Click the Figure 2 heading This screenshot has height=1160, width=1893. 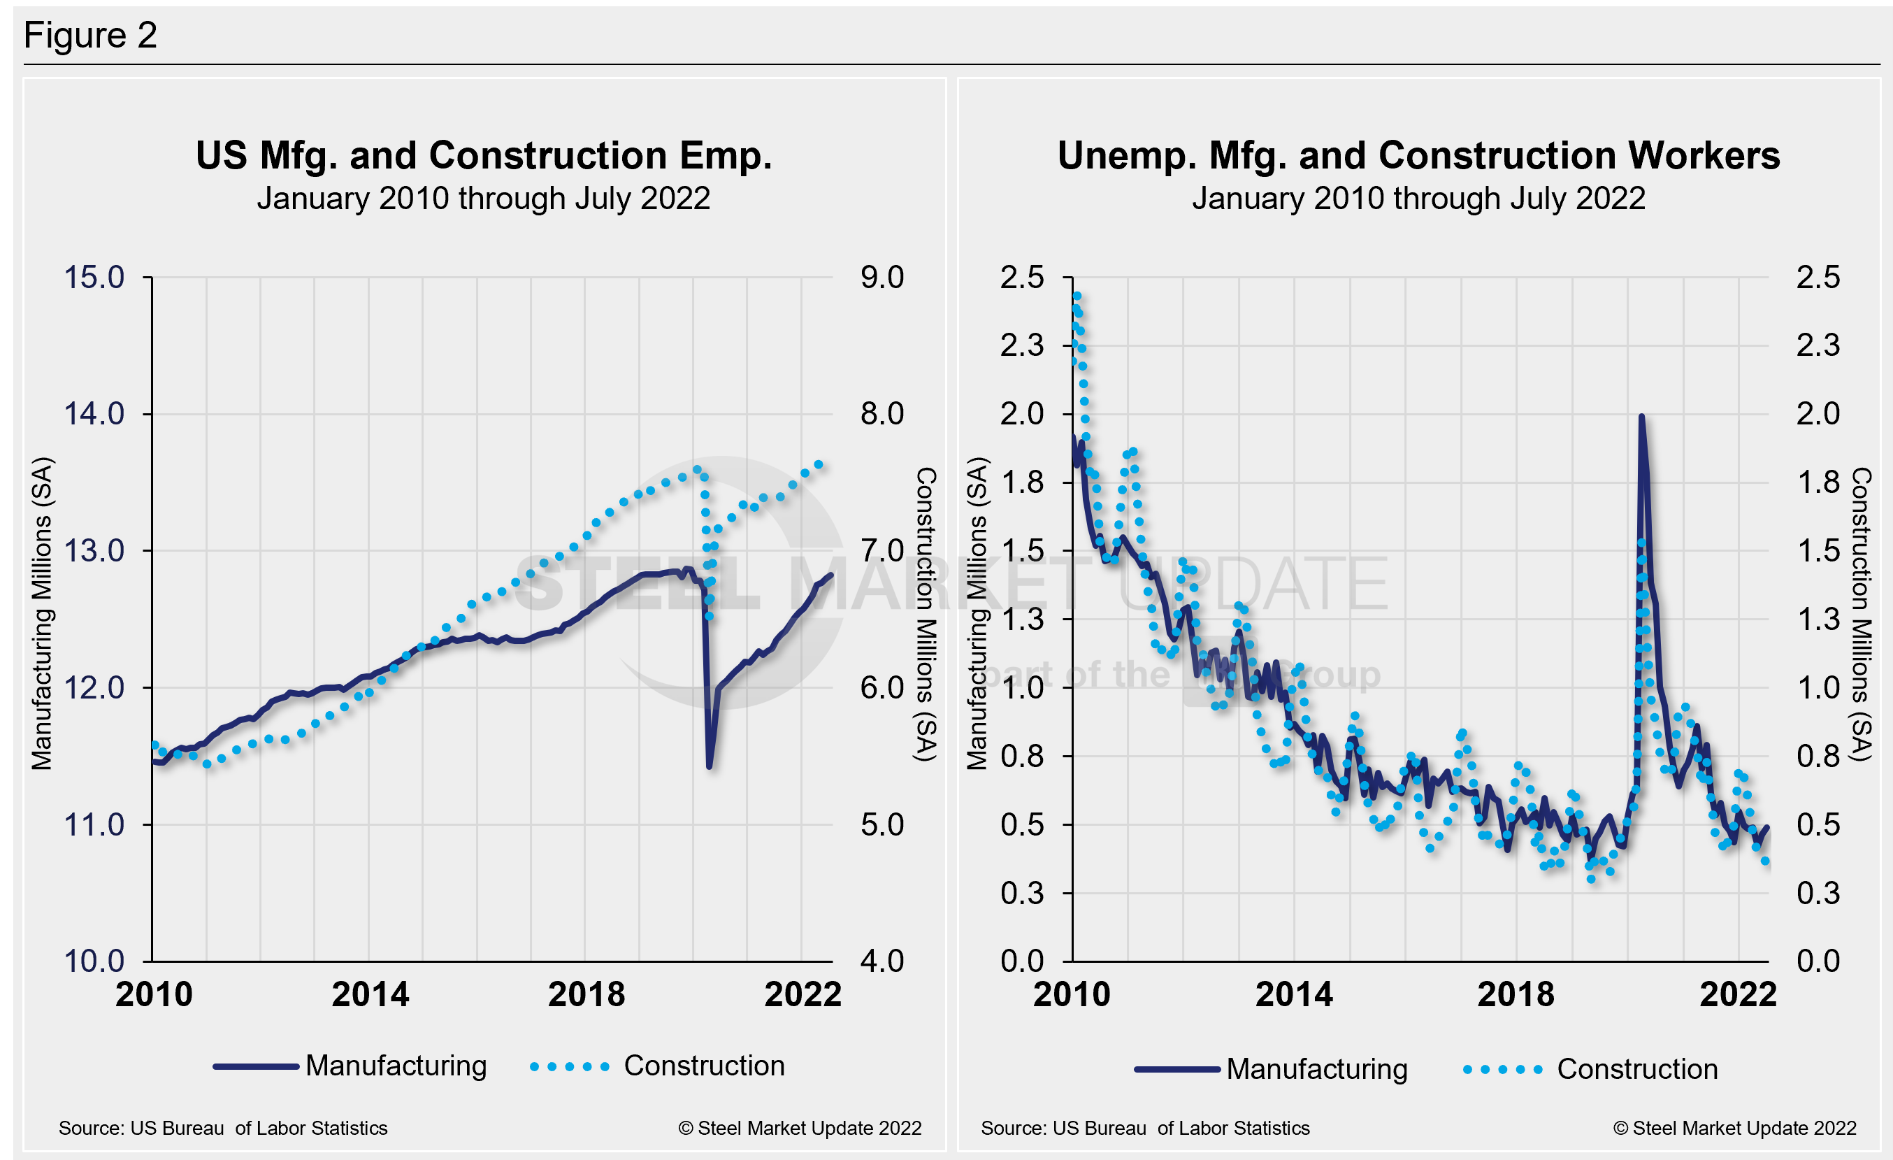pos(90,36)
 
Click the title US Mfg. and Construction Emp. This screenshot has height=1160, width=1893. pos(483,155)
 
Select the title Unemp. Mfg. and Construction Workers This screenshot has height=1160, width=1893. pos(1418,155)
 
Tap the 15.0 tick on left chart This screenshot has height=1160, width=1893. pos(94,278)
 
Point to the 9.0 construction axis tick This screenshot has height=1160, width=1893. pos(881,278)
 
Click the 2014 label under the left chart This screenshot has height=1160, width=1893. pos(370,994)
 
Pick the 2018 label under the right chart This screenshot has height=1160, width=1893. pos(1515,994)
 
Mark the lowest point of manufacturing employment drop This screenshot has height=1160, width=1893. pos(709,766)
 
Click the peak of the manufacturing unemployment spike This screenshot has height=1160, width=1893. pos(1641,417)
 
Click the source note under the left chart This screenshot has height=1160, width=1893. pos(223,1128)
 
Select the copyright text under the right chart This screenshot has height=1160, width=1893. pos(1734,1128)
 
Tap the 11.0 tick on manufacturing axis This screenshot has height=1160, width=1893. pos(94,824)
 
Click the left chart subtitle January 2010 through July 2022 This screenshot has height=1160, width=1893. pos(483,198)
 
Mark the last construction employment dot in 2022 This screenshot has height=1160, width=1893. pos(819,465)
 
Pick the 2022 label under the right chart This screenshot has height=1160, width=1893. pos(1738,994)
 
